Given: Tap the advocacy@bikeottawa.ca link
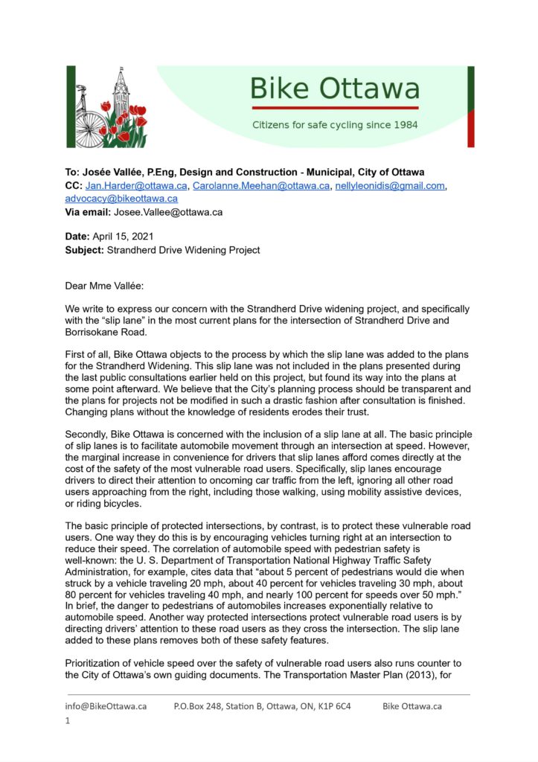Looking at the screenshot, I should pos(121,199).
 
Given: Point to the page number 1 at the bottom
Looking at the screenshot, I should pos(68,720).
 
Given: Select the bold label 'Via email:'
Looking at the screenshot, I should pos(88,212).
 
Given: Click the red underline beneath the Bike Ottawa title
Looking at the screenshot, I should pos(334,108).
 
